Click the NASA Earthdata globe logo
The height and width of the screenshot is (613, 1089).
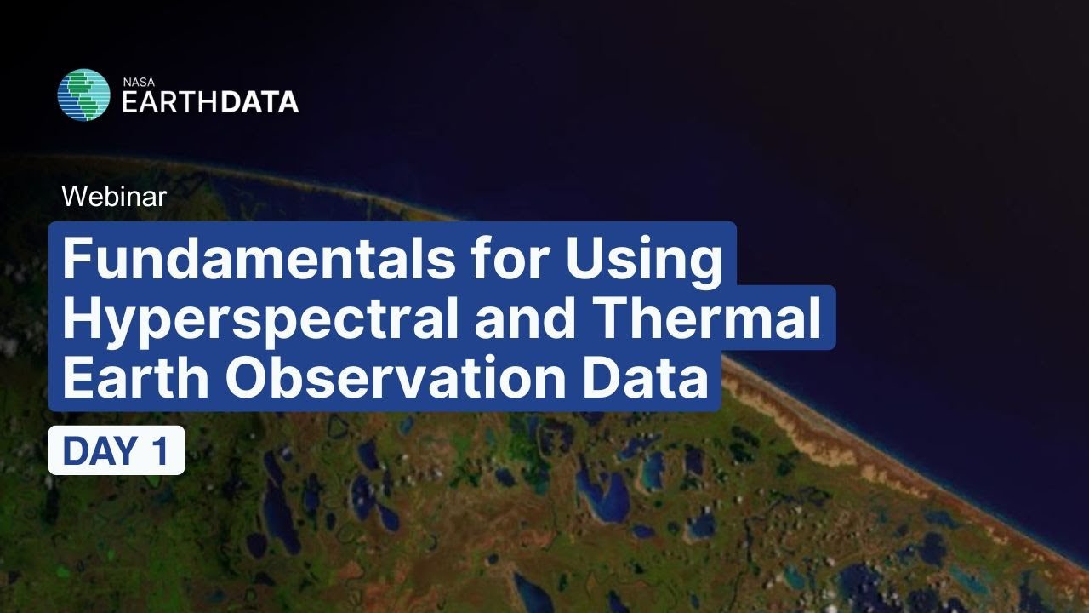[83, 95]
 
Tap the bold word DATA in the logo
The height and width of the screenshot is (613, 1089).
[259, 102]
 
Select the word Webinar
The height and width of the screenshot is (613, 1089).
[114, 197]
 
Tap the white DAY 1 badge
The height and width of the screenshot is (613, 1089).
[117, 450]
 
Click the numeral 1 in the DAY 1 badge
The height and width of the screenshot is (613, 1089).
[160, 451]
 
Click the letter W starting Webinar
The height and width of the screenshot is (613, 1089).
[71, 197]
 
